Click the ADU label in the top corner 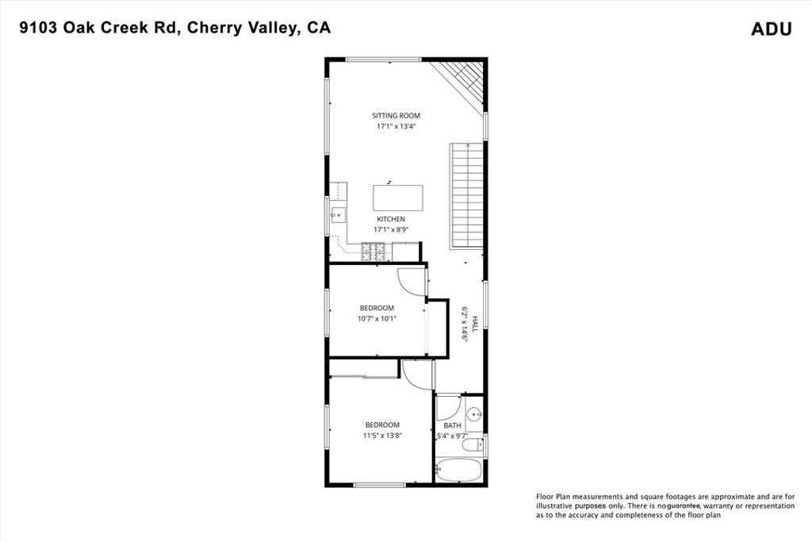pos(771,29)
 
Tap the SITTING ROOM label pos(396,116)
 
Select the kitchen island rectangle pos(397,198)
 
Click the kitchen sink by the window pos(337,213)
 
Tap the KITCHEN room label pos(390,219)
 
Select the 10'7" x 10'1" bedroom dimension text pos(377,318)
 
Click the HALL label pos(475,323)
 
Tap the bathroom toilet pos(470,445)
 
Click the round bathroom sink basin pos(474,413)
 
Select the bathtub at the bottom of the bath pos(459,470)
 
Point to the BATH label pos(452,425)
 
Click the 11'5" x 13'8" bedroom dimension pos(382,435)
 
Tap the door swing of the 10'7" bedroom pos(412,280)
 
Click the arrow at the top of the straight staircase pos(468,146)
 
